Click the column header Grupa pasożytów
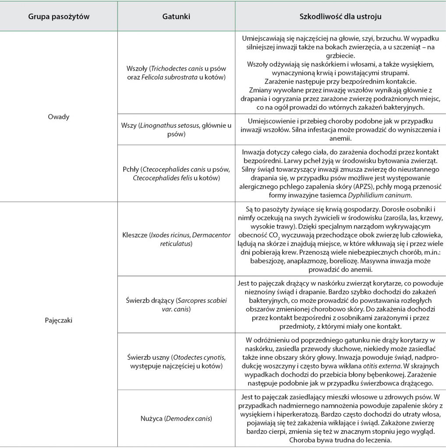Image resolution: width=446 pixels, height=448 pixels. [x=59, y=17]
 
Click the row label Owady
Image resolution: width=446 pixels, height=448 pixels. [x=59, y=117]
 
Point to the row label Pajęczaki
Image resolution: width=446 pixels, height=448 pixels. [x=59, y=320]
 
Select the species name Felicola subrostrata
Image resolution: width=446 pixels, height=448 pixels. [x=164, y=77]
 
